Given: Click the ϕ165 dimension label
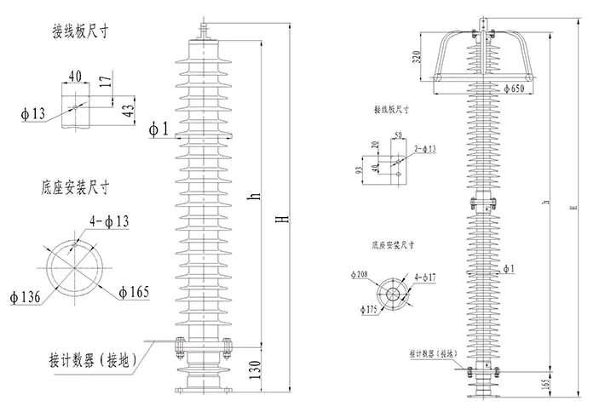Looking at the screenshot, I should [134, 293].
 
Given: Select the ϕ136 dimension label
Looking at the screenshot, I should [26, 296].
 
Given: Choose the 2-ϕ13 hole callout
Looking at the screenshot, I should [423, 149].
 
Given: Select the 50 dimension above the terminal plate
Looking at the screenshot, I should [396, 134].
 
